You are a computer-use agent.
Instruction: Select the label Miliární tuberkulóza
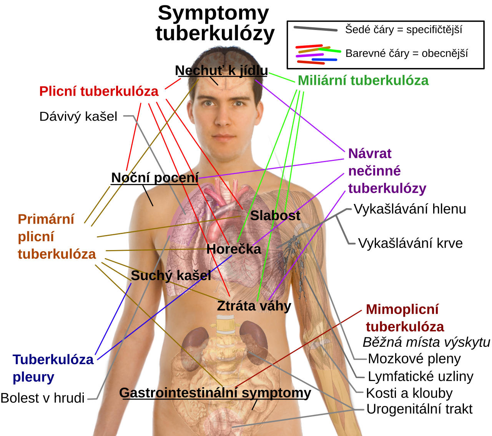point(363,80)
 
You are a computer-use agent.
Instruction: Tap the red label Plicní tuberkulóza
point(99,92)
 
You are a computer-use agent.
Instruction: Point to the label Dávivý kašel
point(78,116)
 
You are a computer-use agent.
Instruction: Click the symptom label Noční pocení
point(155,178)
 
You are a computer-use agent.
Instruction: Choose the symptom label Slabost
point(275,216)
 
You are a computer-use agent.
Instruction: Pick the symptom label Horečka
point(234,249)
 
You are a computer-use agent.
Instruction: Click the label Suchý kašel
point(171,276)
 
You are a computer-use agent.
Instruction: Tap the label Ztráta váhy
point(254,306)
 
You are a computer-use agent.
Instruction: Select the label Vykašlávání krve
point(411,243)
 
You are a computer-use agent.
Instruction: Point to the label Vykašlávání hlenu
point(410,209)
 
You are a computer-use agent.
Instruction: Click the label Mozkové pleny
point(414,359)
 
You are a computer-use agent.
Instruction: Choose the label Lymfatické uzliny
point(421,376)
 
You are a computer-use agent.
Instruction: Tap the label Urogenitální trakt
point(419,409)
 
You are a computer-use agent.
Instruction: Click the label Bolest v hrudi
point(43,398)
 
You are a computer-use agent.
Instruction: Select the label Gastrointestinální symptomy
point(215,393)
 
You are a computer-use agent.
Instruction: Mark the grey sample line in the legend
point(316,29)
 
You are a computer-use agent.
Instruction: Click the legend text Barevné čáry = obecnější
point(407,53)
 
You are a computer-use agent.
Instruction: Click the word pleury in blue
point(33,378)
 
